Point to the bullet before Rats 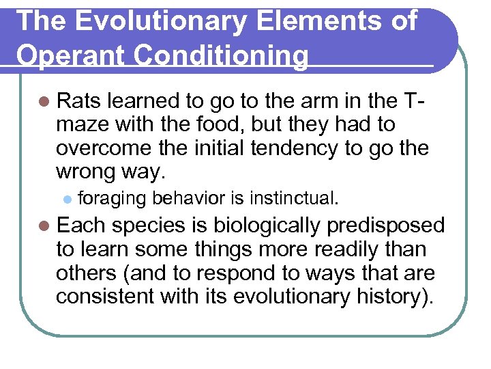pyautogui.click(x=45, y=102)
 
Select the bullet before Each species pyautogui.click(x=45, y=226)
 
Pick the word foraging pyautogui.click(x=113, y=199)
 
